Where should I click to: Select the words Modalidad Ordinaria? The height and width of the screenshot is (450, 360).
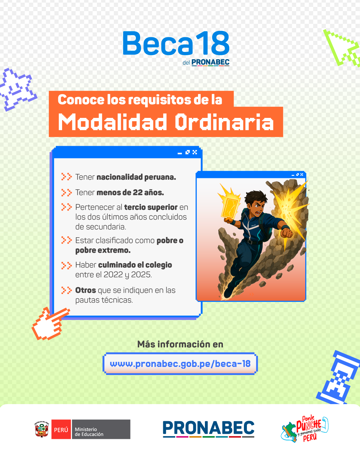pyautogui.click(x=166, y=122)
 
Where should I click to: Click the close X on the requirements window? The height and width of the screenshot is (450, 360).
pyautogui.click(x=195, y=152)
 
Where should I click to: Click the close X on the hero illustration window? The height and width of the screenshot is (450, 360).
pyautogui.click(x=301, y=174)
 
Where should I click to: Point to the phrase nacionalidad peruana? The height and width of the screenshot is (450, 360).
pyautogui.click(x=136, y=177)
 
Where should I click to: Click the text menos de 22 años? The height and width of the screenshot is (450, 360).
pyautogui.click(x=130, y=192)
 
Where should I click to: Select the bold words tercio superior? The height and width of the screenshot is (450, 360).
pyautogui.click(x=151, y=207)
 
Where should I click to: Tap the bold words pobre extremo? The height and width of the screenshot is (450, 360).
pyautogui.click(x=103, y=250)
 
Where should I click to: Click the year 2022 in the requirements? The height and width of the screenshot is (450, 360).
pyautogui.click(x=113, y=274)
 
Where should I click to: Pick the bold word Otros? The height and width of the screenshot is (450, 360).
pyautogui.click(x=85, y=290)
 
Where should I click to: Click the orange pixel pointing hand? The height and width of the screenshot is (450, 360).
pyautogui.click(x=50, y=323)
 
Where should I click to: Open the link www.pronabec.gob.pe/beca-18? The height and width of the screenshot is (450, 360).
pyautogui.click(x=180, y=364)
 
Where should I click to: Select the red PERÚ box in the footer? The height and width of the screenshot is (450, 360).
pyautogui.click(x=61, y=429)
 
